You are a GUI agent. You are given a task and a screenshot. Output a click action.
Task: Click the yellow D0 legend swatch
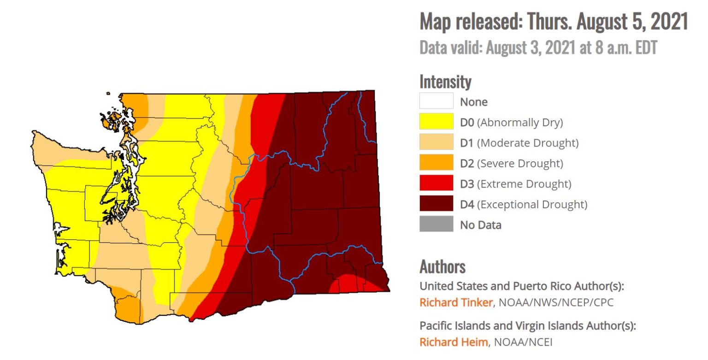436,122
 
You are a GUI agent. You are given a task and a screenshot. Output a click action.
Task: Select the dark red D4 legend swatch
436,204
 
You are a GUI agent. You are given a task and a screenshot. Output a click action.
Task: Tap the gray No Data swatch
436,224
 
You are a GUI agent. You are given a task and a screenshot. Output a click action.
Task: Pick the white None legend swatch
436,101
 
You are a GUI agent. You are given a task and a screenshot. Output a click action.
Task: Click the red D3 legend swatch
436,183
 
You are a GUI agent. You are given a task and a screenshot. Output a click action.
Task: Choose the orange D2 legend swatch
436,163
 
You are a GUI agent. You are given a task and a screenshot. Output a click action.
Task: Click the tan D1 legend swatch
436,142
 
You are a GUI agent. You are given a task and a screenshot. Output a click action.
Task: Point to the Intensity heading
445,82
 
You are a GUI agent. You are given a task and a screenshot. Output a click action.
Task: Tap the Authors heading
442,266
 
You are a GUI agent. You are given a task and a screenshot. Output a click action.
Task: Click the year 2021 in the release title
669,22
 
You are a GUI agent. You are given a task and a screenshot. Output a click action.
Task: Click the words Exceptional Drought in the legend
532,205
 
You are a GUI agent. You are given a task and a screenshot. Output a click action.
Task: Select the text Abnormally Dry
520,123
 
